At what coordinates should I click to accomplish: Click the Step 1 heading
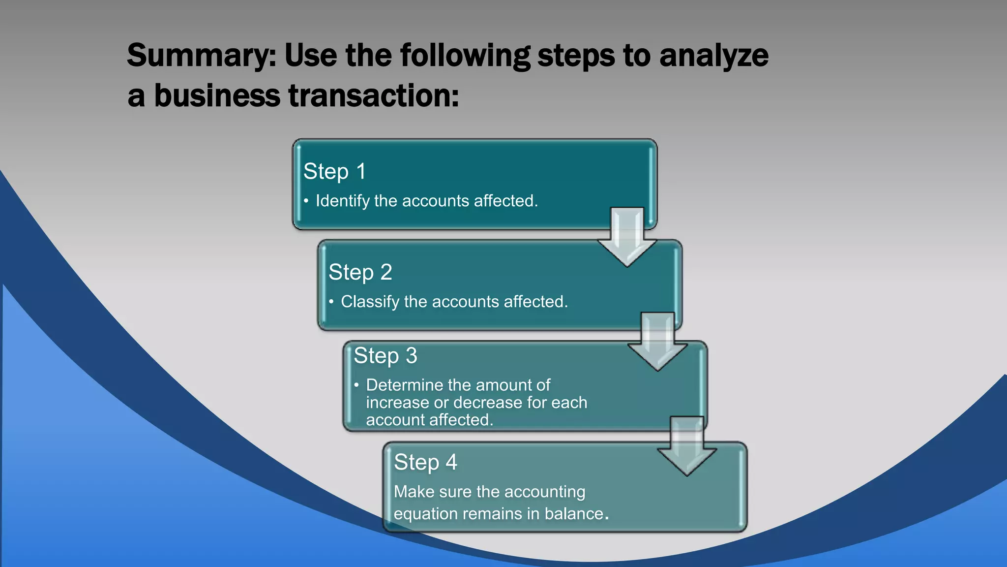point(334,171)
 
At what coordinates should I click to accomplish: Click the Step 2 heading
point(360,272)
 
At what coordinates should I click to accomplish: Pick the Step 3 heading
point(385,356)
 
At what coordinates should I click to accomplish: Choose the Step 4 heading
point(425,462)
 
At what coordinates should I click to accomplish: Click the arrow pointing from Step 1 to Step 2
point(627,237)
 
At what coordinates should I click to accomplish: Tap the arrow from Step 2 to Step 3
point(657,341)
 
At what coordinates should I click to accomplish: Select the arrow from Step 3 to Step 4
point(687,446)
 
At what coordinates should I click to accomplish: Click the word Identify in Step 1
point(342,201)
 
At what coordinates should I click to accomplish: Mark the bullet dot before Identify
point(306,201)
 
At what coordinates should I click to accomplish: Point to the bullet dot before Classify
point(331,302)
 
